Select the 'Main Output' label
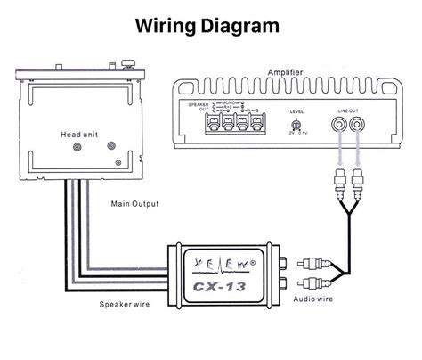click(134, 203)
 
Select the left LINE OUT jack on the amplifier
click(338, 127)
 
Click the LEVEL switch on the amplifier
click(296, 126)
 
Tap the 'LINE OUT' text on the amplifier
click(347, 109)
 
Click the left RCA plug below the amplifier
click(338, 185)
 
